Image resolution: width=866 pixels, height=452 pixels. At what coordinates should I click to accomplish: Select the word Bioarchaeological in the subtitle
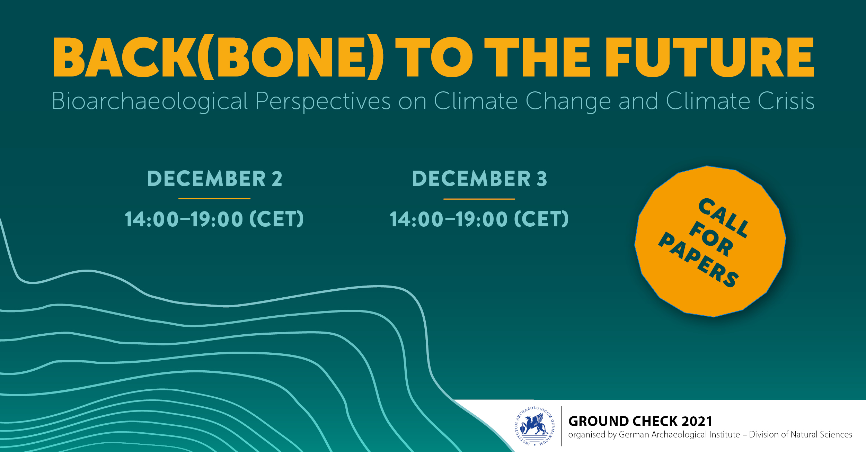[x=150, y=101]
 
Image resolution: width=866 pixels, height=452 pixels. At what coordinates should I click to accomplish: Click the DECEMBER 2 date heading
[x=215, y=179]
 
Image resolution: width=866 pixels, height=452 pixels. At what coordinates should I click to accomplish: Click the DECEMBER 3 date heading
[x=479, y=179]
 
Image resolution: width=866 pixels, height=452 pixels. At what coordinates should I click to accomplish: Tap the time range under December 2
[x=214, y=219]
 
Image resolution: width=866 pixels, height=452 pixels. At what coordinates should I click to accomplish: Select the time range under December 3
[x=479, y=219]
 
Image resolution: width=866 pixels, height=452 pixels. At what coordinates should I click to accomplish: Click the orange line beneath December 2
[x=214, y=199]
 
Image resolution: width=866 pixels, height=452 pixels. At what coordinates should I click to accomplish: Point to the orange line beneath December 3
[x=479, y=199]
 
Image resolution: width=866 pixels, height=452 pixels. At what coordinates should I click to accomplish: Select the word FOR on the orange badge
[x=711, y=239]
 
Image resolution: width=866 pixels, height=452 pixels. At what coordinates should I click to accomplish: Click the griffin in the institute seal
[x=535, y=425]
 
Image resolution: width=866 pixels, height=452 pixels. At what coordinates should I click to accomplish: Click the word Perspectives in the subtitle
[x=323, y=101]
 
